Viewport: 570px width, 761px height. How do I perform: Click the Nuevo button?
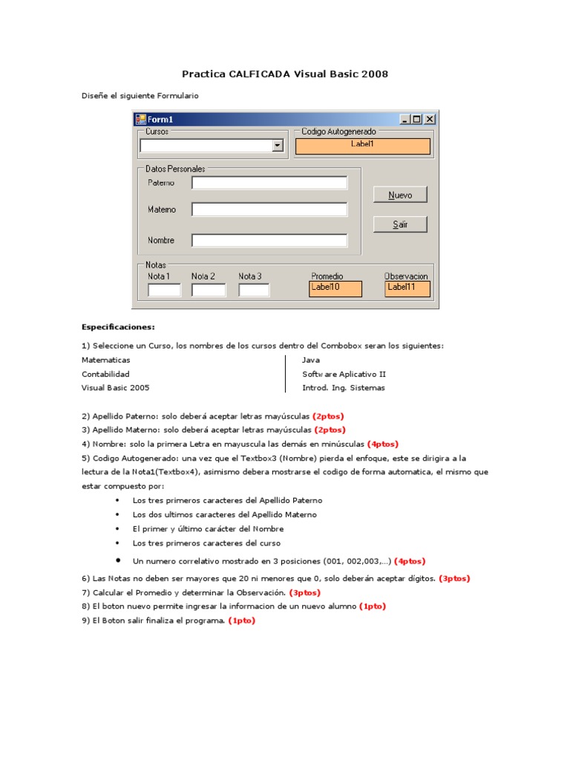(400, 195)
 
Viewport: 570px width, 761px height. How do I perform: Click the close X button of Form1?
(430, 119)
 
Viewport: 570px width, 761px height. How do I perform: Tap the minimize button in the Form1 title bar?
(404, 119)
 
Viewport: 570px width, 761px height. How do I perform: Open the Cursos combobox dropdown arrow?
(278, 146)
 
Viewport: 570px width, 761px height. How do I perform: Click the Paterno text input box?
(269, 183)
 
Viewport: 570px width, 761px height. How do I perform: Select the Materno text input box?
(269, 210)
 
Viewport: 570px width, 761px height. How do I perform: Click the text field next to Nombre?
(269, 240)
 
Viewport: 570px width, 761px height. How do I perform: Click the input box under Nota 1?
(164, 290)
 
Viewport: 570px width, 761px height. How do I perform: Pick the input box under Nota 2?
(209, 290)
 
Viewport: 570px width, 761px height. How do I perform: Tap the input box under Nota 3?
(254, 290)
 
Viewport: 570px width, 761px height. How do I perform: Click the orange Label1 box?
(363, 146)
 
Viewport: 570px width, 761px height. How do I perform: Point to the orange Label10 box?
(335, 289)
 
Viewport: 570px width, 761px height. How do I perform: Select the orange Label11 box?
(407, 289)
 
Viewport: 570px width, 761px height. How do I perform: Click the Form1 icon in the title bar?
(140, 119)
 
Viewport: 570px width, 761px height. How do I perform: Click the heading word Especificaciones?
(118, 327)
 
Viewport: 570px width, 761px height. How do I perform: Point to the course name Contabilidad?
(105, 374)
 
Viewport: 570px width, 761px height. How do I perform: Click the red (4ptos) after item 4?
(383, 444)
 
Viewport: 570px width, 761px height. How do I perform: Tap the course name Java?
(311, 360)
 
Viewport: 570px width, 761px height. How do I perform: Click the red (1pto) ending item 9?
(241, 621)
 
